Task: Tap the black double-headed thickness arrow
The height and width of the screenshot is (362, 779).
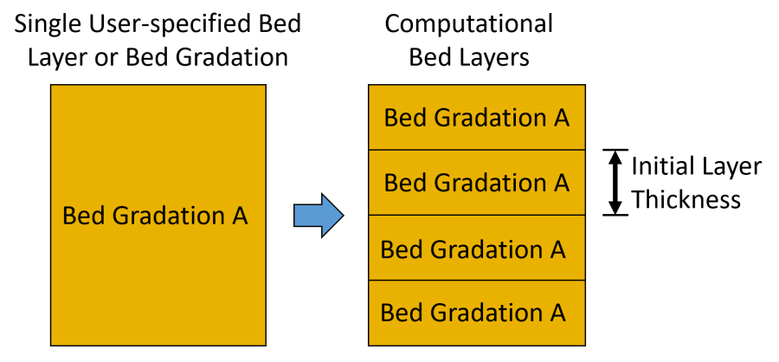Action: point(615,183)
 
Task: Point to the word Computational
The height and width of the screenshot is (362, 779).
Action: point(469,24)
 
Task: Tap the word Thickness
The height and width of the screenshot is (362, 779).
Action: point(686,200)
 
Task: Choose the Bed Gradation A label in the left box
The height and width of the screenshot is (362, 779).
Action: point(156,217)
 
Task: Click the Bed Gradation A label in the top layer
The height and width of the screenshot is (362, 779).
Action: point(476,119)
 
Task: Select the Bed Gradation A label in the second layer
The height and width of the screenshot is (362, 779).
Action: point(476,183)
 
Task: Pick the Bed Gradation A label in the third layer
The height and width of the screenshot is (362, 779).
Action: point(473,249)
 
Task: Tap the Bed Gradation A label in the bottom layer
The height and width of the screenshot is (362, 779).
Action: point(473,313)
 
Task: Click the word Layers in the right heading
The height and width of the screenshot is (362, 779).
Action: point(492,59)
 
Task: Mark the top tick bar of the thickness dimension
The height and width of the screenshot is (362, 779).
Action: point(615,150)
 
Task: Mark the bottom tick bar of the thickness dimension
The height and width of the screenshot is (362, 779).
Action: point(615,216)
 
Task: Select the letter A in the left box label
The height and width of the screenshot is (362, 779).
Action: point(239,216)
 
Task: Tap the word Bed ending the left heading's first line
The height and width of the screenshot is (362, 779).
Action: point(279,24)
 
